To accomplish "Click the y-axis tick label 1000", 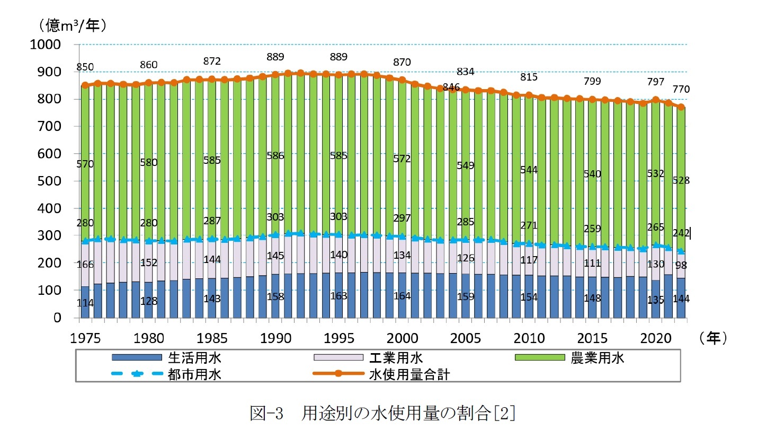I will (45, 45).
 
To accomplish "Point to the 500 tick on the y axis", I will (49, 181).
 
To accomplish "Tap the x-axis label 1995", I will (339, 338).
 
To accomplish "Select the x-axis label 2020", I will (656, 338).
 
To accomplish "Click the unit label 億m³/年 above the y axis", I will (73, 25).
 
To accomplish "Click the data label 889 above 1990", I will (275, 57).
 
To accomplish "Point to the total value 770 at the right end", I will (681, 89).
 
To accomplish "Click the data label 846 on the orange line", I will (451, 87).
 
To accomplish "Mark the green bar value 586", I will (275, 156).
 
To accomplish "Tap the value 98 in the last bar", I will (681, 265).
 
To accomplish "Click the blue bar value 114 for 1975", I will (85, 303).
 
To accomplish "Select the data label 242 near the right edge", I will (681, 233).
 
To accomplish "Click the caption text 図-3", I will (266, 413).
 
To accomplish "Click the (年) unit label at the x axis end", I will (713, 338).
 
